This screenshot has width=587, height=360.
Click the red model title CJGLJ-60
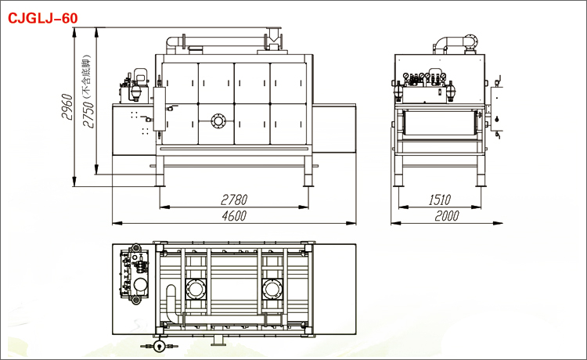(x=43, y=18)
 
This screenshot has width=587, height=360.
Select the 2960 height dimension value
(x=67, y=106)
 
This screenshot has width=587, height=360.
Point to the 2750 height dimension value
(x=88, y=114)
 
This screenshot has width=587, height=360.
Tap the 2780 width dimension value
(x=234, y=200)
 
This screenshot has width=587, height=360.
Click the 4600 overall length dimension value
(x=234, y=216)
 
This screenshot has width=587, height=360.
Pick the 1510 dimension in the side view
(x=440, y=200)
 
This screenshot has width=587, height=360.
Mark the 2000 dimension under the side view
(x=447, y=216)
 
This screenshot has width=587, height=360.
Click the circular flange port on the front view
(x=218, y=121)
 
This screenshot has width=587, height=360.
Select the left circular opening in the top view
(x=196, y=289)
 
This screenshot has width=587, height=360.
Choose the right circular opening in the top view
(x=272, y=289)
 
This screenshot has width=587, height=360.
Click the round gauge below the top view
(x=160, y=346)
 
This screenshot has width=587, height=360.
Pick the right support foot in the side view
(x=481, y=171)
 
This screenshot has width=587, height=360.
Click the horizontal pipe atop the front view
(x=225, y=41)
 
